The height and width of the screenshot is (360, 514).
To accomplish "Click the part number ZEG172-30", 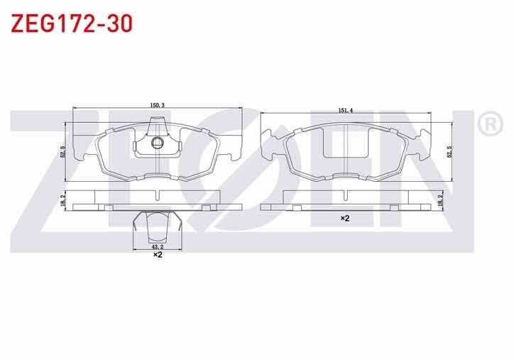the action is [72, 23].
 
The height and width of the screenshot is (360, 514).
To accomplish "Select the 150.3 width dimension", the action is [157, 105].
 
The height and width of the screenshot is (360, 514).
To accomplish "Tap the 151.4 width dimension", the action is [345, 111].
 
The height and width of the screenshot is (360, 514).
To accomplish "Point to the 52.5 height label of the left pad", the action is [63, 152].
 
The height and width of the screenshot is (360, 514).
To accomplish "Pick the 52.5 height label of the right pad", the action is [450, 152].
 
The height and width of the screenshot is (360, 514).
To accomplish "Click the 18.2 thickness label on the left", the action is [63, 200].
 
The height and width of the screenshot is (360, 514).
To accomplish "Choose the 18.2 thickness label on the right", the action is [440, 200].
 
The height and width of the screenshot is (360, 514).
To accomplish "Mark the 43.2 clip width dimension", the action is [158, 246].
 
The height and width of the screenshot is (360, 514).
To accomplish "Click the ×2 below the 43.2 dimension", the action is [158, 255].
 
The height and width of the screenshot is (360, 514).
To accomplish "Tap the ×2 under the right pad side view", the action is [345, 218].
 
